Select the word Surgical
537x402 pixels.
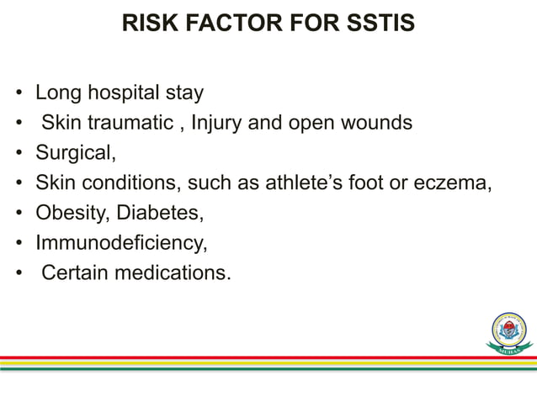pos(71,154)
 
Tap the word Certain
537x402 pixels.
pos(76,272)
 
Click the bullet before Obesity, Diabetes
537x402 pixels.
pos(19,214)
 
